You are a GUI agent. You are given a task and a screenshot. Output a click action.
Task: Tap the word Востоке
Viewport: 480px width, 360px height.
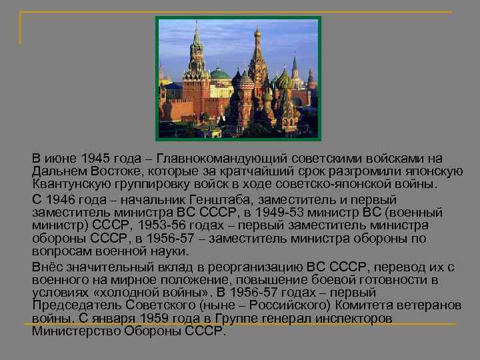[110, 171]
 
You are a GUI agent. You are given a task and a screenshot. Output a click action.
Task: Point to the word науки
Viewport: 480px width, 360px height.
[169, 251]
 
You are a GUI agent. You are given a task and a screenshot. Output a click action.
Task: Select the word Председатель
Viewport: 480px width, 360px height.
[74, 305]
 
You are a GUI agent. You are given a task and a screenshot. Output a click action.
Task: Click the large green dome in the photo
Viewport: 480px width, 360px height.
[219, 74]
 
